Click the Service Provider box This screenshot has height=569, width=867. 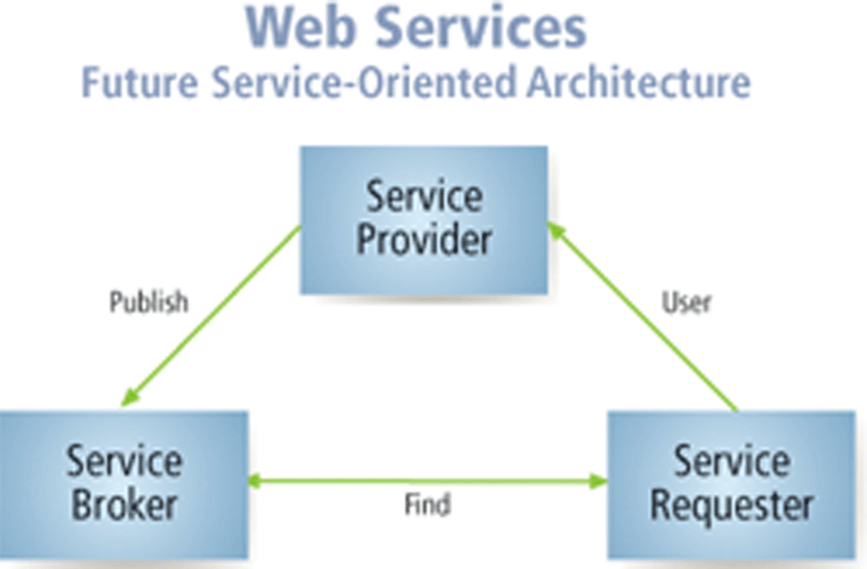click(x=424, y=220)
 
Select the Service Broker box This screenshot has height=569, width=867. click(x=123, y=482)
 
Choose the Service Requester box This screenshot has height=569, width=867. click(x=731, y=483)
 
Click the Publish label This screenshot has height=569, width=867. click(x=148, y=303)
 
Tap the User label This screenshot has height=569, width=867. click(x=686, y=303)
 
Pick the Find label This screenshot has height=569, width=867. click(x=427, y=504)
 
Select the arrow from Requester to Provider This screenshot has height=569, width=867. click(x=645, y=318)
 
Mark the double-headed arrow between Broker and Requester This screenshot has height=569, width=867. click(x=427, y=479)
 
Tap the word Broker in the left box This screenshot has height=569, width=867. click(x=122, y=504)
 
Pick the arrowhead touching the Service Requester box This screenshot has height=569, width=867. click(x=597, y=479)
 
